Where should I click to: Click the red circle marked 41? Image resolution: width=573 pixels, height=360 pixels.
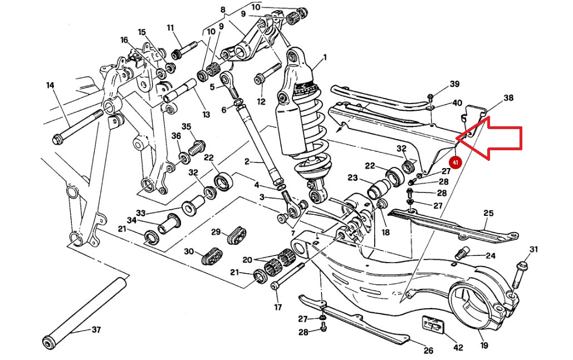pyautogui.click(x=456, y=162)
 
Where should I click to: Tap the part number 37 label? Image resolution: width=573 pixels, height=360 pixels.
pyautogui.click(x=96, y=330)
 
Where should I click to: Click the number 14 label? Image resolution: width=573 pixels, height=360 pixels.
pyautogui.click(x=50, y=85)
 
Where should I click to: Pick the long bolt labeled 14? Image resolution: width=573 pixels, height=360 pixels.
pyautogui.click(x=78, y=125)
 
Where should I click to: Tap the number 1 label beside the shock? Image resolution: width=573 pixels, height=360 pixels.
pyautogui.click(x=325, y=57)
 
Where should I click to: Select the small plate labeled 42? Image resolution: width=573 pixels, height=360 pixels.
pyautogui.click(x=433, y=324)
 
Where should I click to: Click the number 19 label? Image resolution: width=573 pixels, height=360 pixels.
pyautogui.click(x=484, y=346)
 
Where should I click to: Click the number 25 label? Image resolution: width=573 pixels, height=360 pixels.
pyautogui.click(x=488, y=213)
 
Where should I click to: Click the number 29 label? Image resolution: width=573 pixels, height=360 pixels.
pyautogui.click(x=216, y=231)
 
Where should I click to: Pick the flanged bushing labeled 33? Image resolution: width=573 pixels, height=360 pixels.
pyautogui.click(x=189, y=206)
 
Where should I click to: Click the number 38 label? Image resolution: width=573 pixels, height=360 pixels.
pyautogui.click(x=508, y=98)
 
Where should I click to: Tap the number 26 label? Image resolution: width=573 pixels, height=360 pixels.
pyautogui.click(x=428, y=351)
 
